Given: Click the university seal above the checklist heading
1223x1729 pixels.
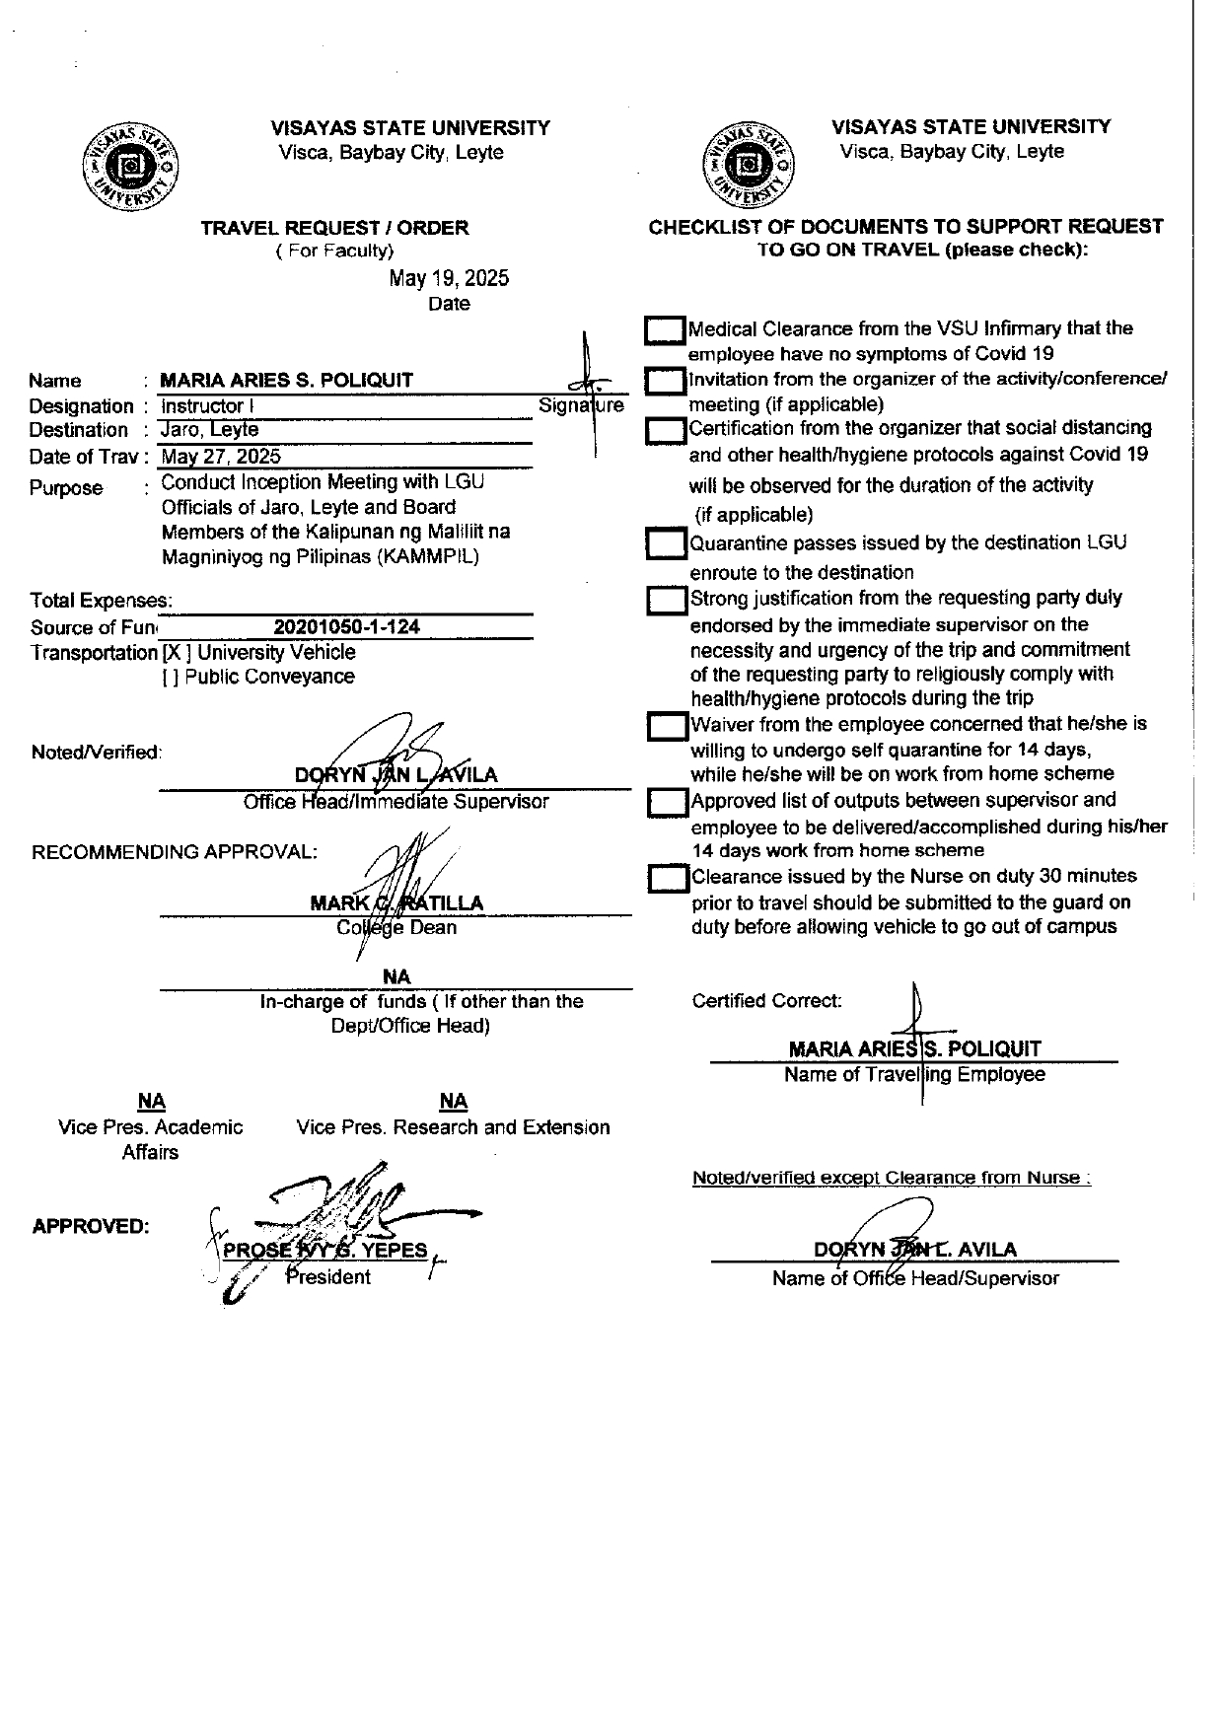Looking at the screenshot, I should click(747, 164).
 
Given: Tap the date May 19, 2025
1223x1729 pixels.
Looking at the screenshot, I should click(449, 278).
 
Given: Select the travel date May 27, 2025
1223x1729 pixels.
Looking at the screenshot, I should click(221, 456).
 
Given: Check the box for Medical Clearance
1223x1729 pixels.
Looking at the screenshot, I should click(665, 330).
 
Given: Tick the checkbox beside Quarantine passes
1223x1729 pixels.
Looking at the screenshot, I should click(666, 543).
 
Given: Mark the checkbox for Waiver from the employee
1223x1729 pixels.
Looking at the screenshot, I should click(668, 727).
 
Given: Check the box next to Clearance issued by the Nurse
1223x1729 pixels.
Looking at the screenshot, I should click(669, 878).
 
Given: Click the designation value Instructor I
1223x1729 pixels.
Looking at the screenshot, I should click(203, 406).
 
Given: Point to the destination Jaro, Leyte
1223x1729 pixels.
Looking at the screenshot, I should click(209, 430).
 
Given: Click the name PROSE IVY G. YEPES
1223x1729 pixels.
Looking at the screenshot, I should click(325, 1251).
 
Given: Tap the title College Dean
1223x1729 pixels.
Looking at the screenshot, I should click(396, 928).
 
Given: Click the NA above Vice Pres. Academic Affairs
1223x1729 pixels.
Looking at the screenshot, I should click(151, 1102).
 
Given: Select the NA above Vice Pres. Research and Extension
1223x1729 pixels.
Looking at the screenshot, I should click(453, 1102).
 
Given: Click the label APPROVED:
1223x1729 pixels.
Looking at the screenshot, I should click(91, 1227).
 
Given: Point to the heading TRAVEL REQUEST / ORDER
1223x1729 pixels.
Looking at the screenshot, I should click(334, 228).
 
